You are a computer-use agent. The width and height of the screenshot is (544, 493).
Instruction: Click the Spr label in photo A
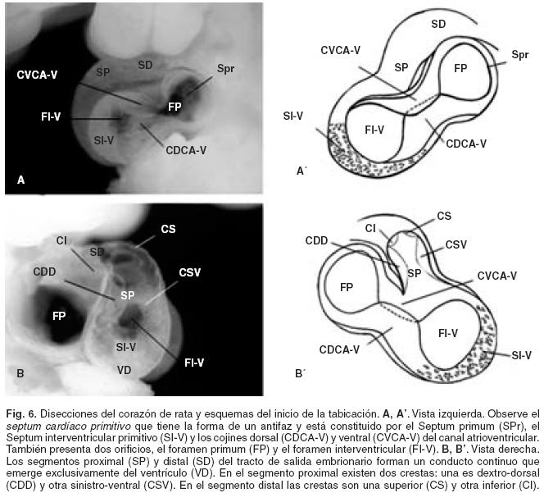[226, 68]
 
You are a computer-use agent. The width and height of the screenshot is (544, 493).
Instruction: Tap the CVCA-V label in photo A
[41, 75]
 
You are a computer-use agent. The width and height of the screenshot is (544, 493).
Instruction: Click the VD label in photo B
[124, 370]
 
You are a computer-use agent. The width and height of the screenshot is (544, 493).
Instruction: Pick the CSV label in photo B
[189, 272]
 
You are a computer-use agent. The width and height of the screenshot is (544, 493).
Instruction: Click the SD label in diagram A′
[437, 24]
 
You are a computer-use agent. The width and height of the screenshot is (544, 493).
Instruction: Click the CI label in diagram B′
[370, 226]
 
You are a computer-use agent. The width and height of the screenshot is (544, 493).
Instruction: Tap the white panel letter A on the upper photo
[20, 178]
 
